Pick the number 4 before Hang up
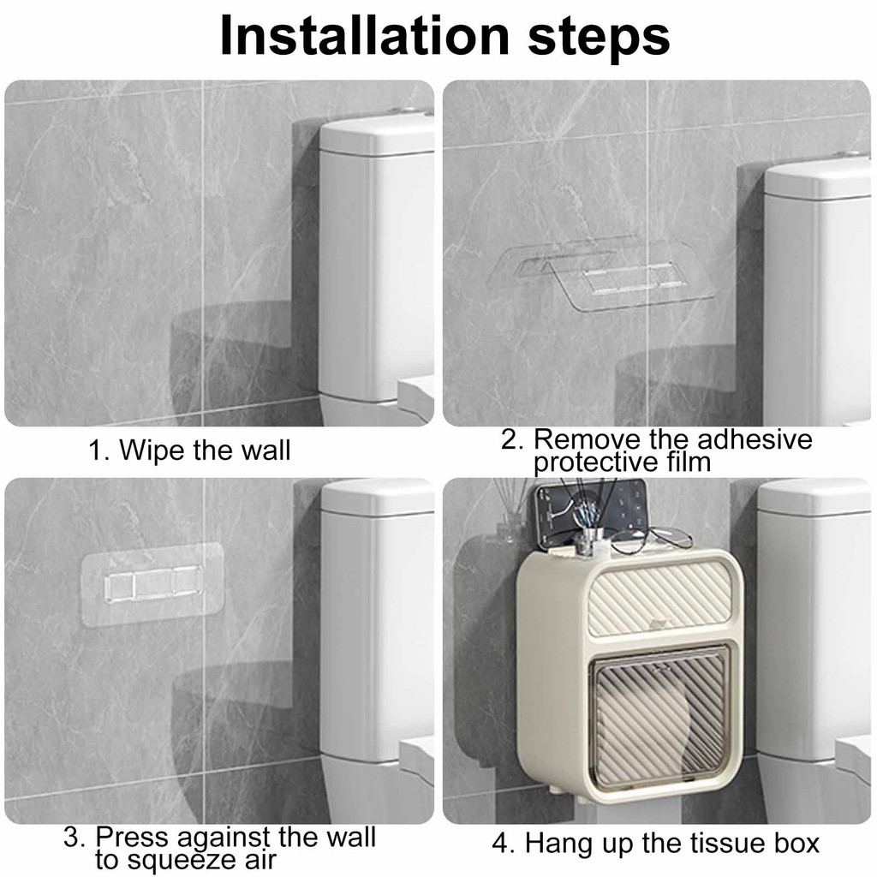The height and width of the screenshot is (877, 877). coord(500,844)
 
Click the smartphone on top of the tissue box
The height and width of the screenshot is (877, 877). coord(588,514)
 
